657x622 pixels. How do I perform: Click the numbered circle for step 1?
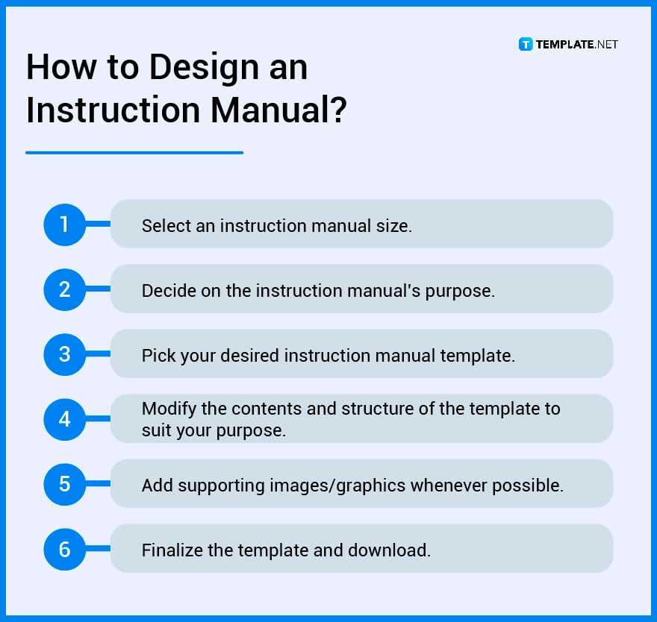tap(64, 224)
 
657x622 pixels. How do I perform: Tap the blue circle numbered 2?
tap(64, 289)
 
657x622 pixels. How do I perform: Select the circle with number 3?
tap(64, 354)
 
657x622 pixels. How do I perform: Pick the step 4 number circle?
tap(64, 419)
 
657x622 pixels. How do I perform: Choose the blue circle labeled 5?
tap(64, 484)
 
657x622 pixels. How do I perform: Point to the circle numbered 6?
tap(64, 549)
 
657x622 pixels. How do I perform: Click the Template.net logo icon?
tap(526, 44)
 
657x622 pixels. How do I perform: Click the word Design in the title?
tap(204, 68)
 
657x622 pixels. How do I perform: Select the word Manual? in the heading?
tap(278, 110)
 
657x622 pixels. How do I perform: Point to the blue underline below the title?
tap(134, 153)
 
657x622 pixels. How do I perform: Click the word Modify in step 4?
tap(169, 409)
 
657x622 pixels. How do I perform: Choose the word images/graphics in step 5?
tap(337, 486)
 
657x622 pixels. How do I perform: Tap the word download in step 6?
tap(389, 550)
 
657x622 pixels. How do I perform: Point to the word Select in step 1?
tap(166, 226)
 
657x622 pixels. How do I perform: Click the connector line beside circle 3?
tap(98, 354)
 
